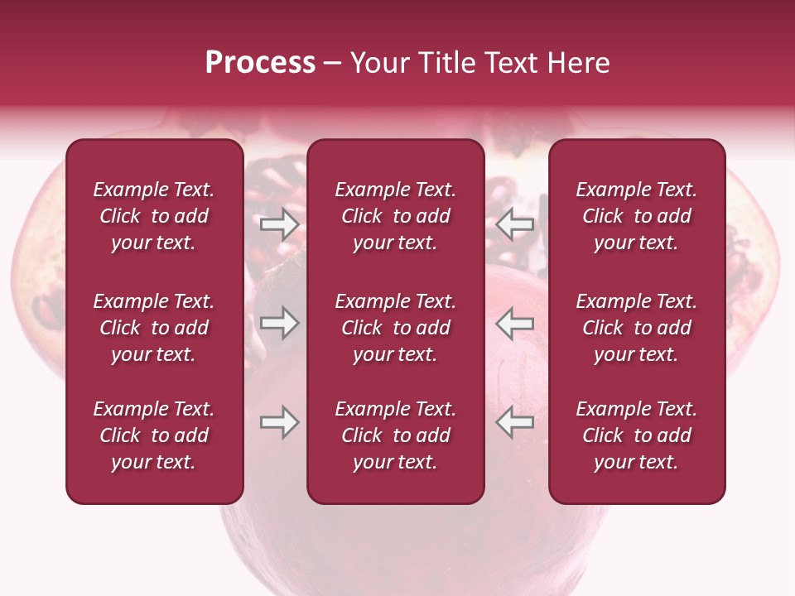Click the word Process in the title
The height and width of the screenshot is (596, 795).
[x=260, y=63]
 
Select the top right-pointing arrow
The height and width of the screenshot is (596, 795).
[x=279, y=224]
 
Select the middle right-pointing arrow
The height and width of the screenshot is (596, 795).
[x=279, y=323]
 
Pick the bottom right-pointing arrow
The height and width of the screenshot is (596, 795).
[x=279, y=423]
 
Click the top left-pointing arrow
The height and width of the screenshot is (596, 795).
[x=515, y=224]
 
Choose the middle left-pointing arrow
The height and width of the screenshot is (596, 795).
[x=515, y=323]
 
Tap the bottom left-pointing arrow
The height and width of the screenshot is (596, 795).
[x=515, y=423]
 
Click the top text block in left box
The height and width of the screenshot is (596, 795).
[x=154, y=216]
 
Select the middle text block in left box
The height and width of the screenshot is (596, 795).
[x=154, y=328]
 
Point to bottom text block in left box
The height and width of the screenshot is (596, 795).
[x=154, y=435]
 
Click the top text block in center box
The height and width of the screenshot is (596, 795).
[x=395, y=216]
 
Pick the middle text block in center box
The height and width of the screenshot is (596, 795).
[x=395, y=328]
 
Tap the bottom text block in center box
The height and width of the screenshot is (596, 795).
[x=395, y=435]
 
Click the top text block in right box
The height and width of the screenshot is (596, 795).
[x=636, y=216]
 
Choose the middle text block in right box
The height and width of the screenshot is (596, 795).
[x=636, y=328]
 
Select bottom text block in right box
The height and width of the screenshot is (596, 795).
[x=636, y=435]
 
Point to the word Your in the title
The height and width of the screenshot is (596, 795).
[x=380, y=63]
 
